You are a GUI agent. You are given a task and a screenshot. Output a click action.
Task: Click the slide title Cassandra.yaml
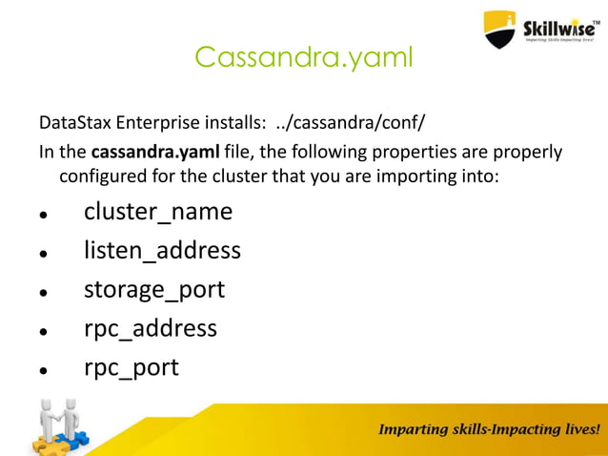pyautogui.click(x=304, y=57)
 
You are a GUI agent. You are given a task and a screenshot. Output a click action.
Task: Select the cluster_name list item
pyautogui.click(x=157, y=211)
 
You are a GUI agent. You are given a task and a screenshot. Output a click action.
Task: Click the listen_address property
pyautogui.click(x=162, y=250)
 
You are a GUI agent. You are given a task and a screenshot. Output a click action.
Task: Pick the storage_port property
pyautogui.click(x=154, y=289)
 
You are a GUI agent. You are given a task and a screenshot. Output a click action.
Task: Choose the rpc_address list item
pyautogui.click(x=151, y=328)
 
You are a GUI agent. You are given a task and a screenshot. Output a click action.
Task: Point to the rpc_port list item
pyautogui.click(x=131, y=367)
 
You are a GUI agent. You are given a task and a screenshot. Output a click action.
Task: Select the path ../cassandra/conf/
pyautogui.click(x=355, y=124)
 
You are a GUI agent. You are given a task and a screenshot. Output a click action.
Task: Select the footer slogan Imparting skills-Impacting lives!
pyautogui.click(x=490, y=430)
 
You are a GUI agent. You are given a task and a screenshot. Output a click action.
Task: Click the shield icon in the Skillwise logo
pyautogui.click(x=499, y=29)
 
